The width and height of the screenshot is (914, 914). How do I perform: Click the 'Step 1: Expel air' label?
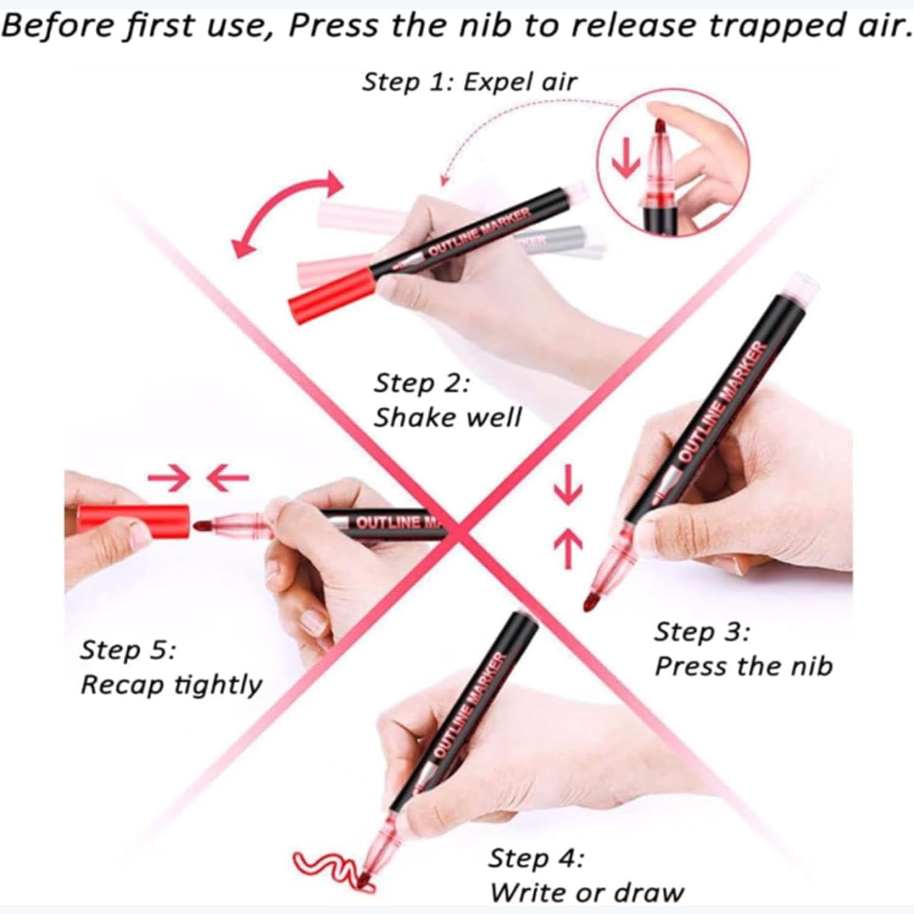(469, 82)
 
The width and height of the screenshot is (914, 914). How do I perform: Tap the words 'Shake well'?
(448, 417)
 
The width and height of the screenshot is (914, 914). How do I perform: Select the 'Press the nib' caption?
(743, 665)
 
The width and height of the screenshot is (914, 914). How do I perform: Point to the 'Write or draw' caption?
(587, 893)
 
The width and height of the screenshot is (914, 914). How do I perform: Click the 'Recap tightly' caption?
(171, 684)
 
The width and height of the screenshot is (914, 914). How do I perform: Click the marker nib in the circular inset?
(662, 129)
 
